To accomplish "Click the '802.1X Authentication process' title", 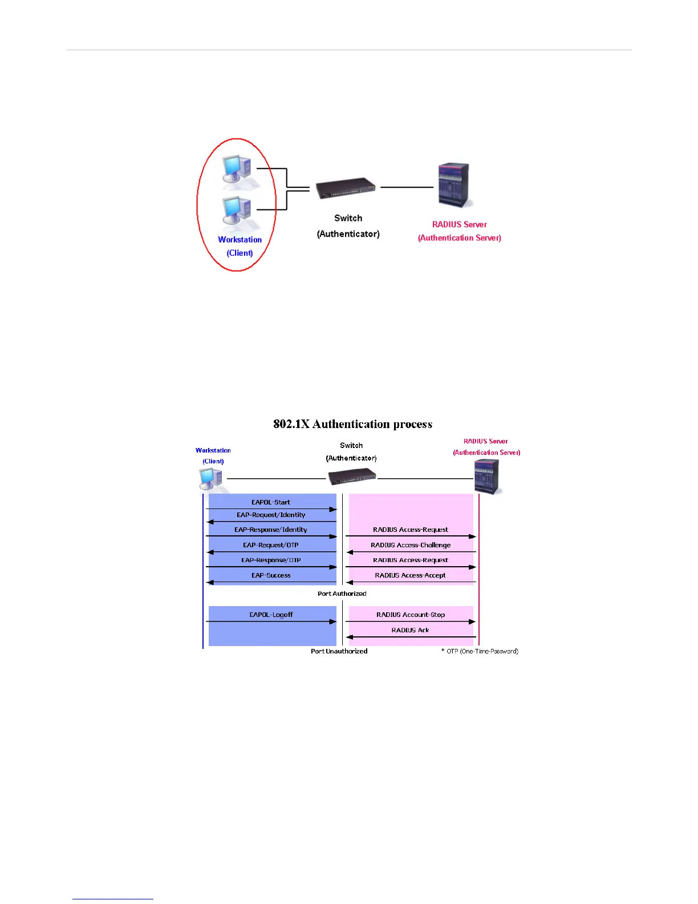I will coord(352,424).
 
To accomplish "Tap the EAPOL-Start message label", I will coord(271,502).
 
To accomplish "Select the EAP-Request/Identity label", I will coord(271,515).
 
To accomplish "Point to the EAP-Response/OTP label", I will coord(271,560).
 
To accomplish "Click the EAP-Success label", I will coord(271,575).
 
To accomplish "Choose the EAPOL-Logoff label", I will coord(271,615).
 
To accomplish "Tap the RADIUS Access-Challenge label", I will coord(411,545).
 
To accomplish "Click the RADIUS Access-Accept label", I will coord(411,575).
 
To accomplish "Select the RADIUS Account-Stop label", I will coord(411,615).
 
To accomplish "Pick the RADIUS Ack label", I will coord(411,630).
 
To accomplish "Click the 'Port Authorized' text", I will coord(342,594).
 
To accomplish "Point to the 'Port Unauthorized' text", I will coord(339,651).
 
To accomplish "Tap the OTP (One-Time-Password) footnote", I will coord(480,651).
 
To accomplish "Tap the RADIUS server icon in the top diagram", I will coord(455,185).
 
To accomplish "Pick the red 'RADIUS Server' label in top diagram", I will coord(459,224).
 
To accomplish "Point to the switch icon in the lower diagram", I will coord(352,476).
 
